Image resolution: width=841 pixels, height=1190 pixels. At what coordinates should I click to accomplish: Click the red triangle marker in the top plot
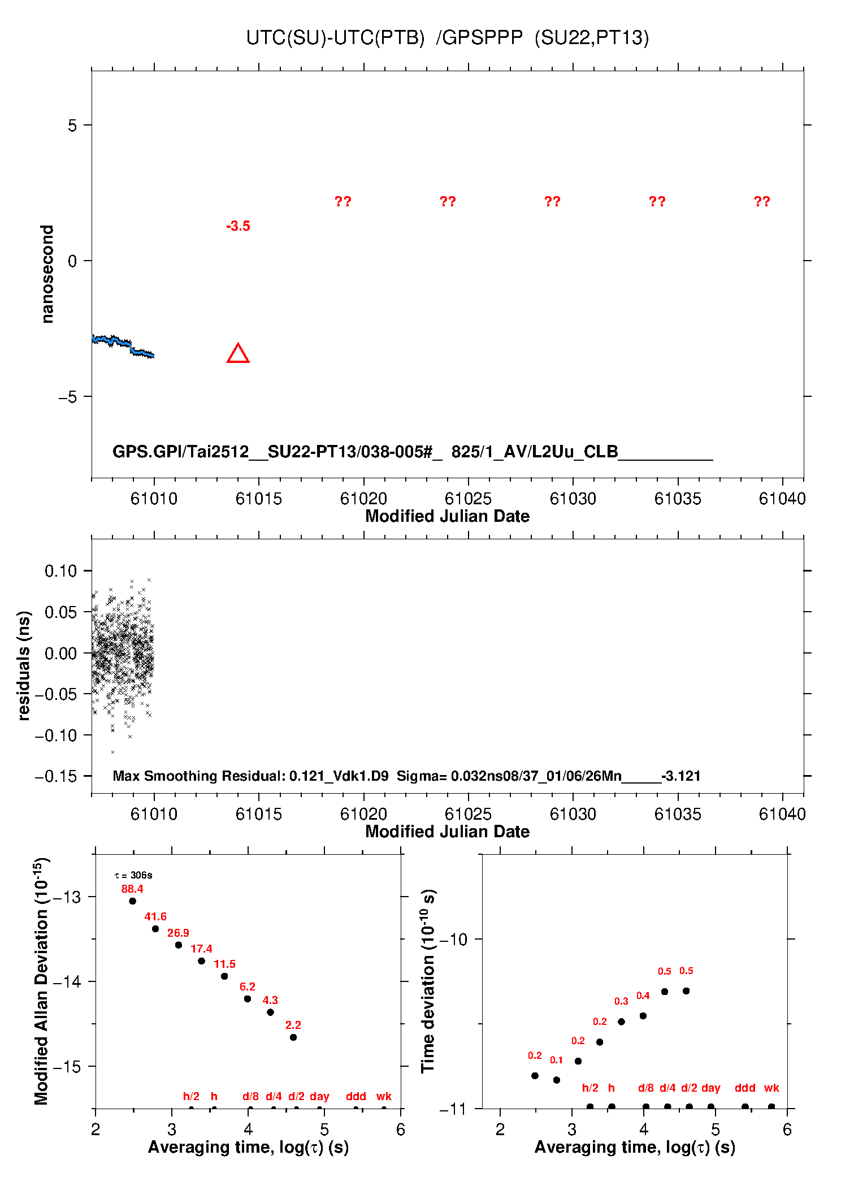click(238, 354)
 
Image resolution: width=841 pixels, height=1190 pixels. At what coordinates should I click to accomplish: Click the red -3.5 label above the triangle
click(238, 226)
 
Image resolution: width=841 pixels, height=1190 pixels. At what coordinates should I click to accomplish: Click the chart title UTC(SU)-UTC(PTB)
click(335, 38)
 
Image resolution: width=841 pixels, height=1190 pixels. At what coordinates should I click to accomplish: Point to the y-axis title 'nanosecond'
click(47, 274)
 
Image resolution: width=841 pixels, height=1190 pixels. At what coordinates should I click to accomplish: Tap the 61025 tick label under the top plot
click(468, 499)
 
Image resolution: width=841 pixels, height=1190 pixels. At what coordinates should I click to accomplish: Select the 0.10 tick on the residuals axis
click(61, 571)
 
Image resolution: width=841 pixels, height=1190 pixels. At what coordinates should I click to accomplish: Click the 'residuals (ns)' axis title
click(24, 665)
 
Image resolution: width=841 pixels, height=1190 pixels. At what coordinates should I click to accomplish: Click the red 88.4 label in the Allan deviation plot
click(132, 889)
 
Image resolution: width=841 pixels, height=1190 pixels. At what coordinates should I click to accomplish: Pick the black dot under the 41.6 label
click(155, 929)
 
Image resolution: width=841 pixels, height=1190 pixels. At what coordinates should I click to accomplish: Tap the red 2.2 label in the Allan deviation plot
click(293, 1025)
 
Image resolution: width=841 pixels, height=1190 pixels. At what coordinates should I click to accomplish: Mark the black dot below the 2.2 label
click(293, 1037)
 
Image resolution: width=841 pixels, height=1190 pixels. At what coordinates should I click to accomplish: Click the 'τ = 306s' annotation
click(133, 876)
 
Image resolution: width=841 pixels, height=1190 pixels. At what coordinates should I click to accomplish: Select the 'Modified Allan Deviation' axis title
click(41, 981)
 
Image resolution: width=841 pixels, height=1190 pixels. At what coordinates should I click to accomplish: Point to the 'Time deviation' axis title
click(428, 981)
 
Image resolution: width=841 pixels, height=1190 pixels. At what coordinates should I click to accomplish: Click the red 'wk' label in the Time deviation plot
click(771, 1088)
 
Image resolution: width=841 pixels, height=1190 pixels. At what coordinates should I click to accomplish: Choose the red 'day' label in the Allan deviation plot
click(319, 1096)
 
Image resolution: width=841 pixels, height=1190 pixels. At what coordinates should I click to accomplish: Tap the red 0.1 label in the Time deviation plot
click(557, 1061)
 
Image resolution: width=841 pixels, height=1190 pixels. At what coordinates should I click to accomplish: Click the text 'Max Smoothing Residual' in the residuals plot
click(198, 776)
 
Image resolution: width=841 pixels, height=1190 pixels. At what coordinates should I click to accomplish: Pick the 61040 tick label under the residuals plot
click(782, 814)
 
